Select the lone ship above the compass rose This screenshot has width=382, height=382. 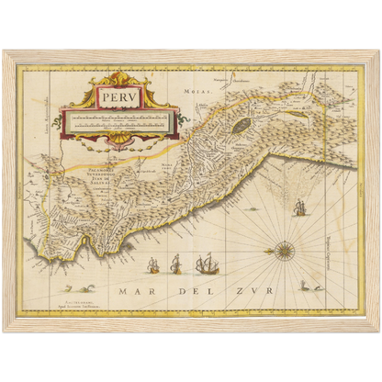pyautogui.click(x=298, y=208)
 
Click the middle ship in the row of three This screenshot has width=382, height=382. pyautogui.click(x=175, y=267)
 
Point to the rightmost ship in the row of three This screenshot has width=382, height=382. pyautogui.click(x=203, y=266)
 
